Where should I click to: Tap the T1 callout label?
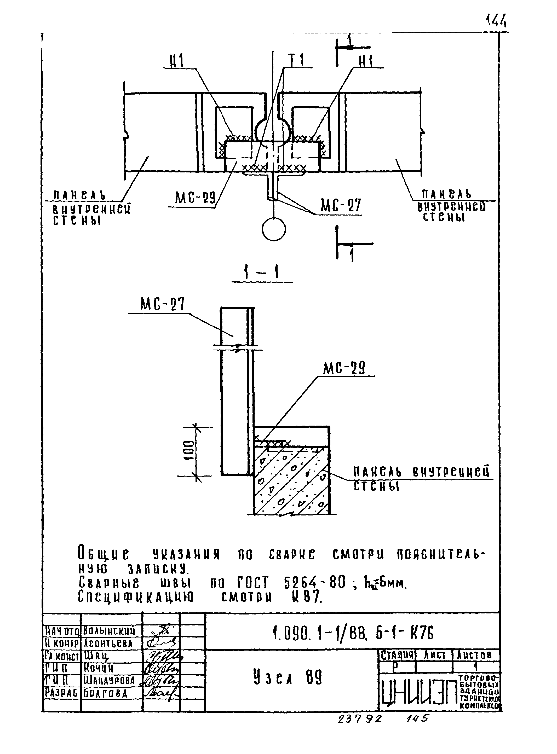(x=296, y=61)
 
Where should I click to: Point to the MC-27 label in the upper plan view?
(x=341, y=205)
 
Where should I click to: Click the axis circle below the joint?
(x=274, y=229)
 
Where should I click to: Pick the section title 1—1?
(x=262, y=272)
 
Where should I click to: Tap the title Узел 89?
(x=288, y=678)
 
